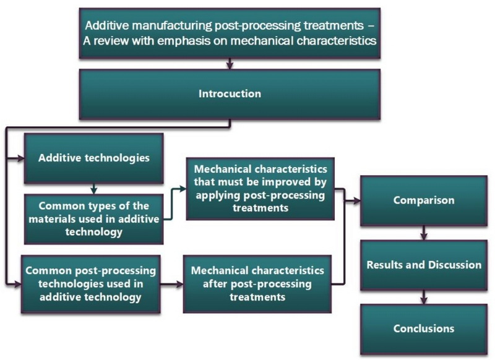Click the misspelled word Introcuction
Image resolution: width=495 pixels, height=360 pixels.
tap(230, 94)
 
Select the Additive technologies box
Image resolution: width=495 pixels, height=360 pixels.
tap(93, 158)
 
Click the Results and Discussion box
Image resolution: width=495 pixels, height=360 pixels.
tap(424, 265)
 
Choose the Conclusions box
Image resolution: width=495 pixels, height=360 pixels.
tap(424, 328)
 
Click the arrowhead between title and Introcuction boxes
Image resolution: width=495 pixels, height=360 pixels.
tap(230, 64)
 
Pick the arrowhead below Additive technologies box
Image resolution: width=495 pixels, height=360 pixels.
tap(93, 190)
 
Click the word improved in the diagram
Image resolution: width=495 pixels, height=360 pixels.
tap(296, 182)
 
